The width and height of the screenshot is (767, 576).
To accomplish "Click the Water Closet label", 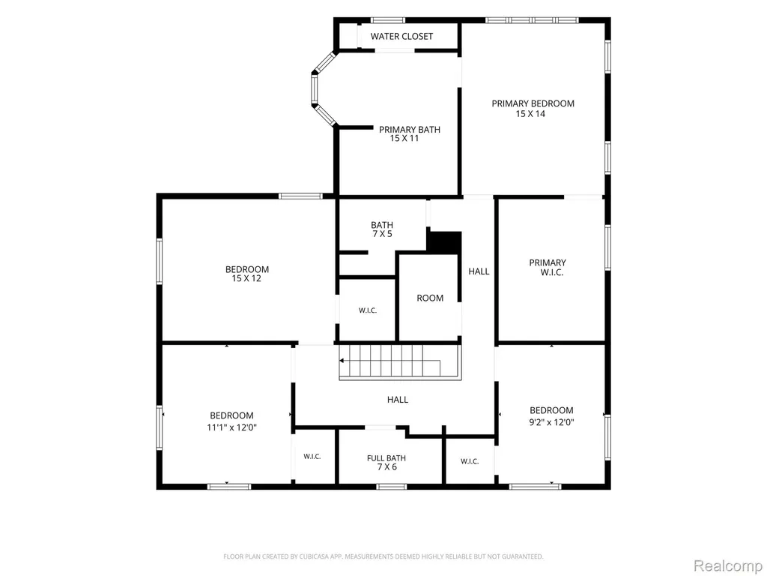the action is (x=401, y=36).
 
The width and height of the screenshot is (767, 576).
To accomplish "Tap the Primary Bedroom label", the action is (x=533, y=103).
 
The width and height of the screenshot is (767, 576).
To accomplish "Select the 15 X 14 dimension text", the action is (x=530, y=114).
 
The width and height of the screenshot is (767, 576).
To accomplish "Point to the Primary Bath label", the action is (x=410, y=129).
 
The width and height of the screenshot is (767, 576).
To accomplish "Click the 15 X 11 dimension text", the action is (x=404, y=139).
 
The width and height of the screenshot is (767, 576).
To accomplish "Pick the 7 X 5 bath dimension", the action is (x=381, y=234).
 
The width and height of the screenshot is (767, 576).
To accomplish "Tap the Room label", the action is (x=430, y=298).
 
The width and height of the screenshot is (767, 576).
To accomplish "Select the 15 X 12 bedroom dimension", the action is (x=246, y=279).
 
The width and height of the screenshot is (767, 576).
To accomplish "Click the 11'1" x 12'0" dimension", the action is (x=232, y=427).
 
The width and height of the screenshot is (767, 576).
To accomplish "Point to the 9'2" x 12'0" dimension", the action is (x=551, y=422).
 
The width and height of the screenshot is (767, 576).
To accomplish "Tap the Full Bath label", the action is (x=386, y=458).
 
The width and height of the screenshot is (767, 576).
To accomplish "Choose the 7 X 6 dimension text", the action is (x=386, y=467).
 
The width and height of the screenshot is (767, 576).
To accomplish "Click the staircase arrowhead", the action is (x=342, y=361).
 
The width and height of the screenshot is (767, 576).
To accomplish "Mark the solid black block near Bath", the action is (x=445, y=242).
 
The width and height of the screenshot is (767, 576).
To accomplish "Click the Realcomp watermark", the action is (x=728, y=565).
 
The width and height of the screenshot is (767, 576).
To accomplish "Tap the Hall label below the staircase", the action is (x=397, y=400).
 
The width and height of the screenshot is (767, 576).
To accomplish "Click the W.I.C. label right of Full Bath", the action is (x=470, y=461).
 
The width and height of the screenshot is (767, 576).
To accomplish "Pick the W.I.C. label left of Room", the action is (x=367, y=310).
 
